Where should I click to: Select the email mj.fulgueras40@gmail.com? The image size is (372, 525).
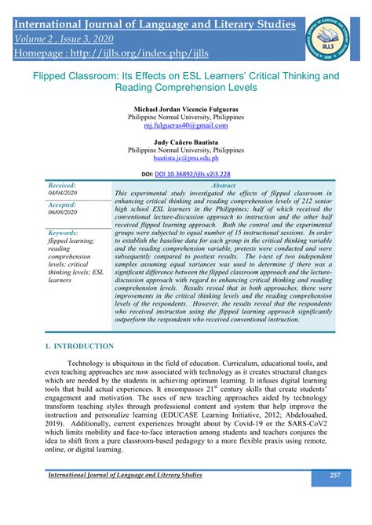click(186, 125)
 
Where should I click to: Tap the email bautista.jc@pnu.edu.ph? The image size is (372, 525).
click(186, 157)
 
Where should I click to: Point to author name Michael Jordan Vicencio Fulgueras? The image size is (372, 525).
click(186, 107)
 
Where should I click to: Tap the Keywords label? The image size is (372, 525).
click(64, 233)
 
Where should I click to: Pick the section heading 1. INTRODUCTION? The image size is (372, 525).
click(79, 346)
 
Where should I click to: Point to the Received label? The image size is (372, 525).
click(63, 185)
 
